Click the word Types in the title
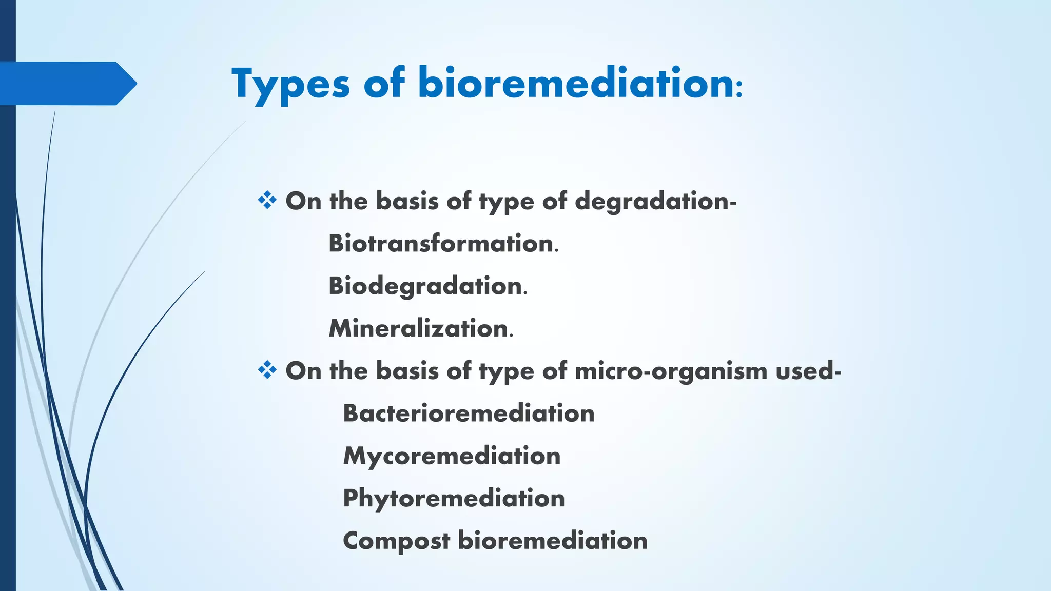[290, 84]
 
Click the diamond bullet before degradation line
[267, 200]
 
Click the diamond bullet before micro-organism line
[267, 370]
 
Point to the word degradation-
[655, 201]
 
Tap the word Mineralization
[418, 328]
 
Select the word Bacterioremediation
[469, 413]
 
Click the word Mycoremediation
[452, 456]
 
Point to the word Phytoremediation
[454, 499]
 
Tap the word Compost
[396, 541]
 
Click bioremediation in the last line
[552, 541]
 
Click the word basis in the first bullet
[407, 201]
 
